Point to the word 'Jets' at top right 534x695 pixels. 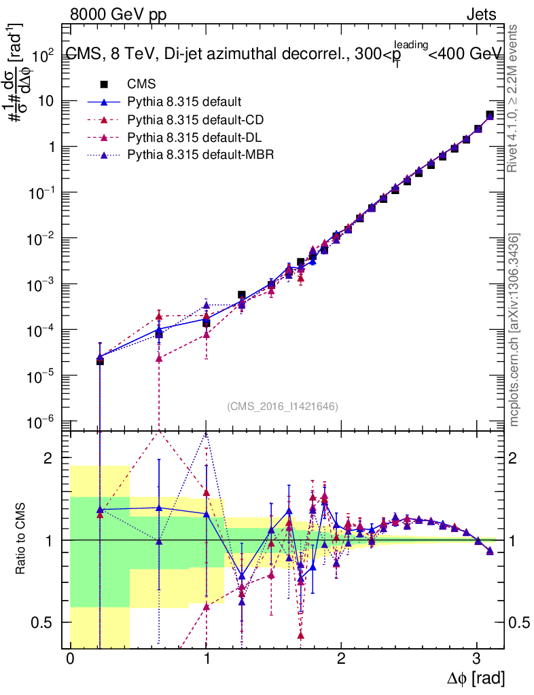[x=480, y=14]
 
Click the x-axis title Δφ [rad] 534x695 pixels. [x=475, y=677]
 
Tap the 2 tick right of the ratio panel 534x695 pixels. [x=514, y=458]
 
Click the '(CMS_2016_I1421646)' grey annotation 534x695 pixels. [x=282, y=407]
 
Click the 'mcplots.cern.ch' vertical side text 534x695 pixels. [x=514, y=330]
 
